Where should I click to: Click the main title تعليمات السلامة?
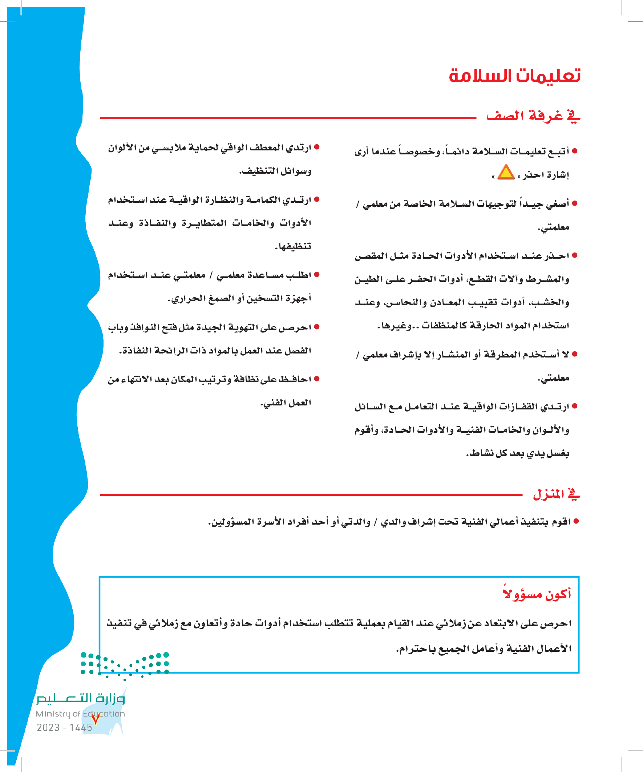pyautogui.click(x=514, y=76)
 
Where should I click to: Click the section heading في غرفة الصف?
pyautogui.click(x=533, y=116)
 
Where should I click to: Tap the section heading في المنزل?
pyautogui.click(x=556, y=494)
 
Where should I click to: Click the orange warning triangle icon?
pyautogui.click(x=506, y=173)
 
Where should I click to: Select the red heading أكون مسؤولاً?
pyautogui.click(x=537, y=594)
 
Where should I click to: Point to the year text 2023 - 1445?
pyautogui.click(x=64, y=727)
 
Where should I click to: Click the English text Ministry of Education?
pyautogui.click(x=80, y=714)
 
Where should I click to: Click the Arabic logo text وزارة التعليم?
pyautogui.click(x=81, y=698)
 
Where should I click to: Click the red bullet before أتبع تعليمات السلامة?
pyautogui.click(x=575, y=151)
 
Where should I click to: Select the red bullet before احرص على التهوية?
pyautogui.click(x=317, y=327)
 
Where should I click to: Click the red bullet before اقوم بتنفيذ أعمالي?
pyautogui.click(x=576, y=521)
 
